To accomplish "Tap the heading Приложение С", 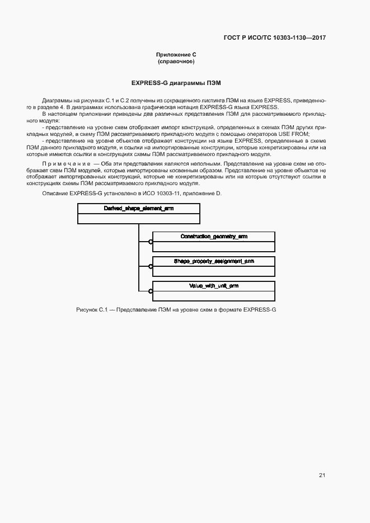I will click(x=176, y=54).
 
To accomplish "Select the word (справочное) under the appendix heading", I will click(x=176, y=61).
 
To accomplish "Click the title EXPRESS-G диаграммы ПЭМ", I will click(x=176, y=83).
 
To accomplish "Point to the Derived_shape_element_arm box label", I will click(x=138, y=208).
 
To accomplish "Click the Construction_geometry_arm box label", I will click(x=214, y=237).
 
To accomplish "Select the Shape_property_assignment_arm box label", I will click(x=214, y=261).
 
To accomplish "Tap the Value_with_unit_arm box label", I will click(x=214, y=286).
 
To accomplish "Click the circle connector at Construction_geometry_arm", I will click(x=151, y=242).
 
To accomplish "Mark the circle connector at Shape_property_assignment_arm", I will click(x=151, y=266).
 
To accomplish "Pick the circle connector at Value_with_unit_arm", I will click(x=151, y=291).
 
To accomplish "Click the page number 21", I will click(x=322, y=475).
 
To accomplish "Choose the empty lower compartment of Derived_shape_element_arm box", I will click(x=138, y=219).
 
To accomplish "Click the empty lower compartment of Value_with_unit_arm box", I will click(x=214, y=296).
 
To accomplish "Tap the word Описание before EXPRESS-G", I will click(x=55, y=193).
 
